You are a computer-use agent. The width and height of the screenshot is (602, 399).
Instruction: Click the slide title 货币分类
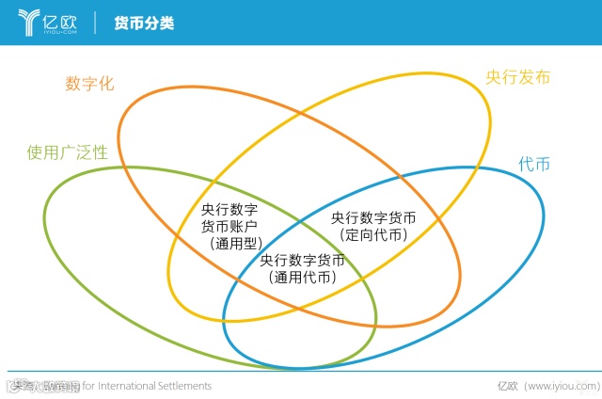coord(144,23)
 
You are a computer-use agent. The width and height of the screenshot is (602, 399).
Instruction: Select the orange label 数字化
coord(89,83)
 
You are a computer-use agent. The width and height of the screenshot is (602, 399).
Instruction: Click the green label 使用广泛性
coord(68,152)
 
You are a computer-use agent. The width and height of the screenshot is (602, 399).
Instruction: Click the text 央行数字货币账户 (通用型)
coord(230,226)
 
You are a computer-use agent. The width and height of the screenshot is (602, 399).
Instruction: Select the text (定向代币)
coord(373,234)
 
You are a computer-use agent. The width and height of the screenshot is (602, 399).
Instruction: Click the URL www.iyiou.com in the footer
coord(561,386)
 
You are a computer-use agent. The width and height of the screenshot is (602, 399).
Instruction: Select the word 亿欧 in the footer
coord(508,386)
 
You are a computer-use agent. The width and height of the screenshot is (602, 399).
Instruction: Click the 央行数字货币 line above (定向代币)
coord(373,217)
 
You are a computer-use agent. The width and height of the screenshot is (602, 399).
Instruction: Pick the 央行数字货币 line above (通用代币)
coord(302,260)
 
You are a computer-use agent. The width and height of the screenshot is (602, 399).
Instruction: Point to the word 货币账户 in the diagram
coord(230,226)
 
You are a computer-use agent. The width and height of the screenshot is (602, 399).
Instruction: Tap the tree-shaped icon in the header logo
coord(29,22)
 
